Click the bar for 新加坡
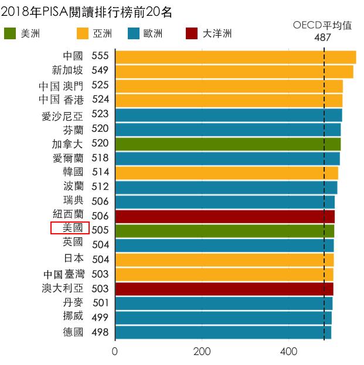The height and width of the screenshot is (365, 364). pyautogui.click(x=234, y=71)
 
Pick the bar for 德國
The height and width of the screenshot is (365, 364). pyautogui.click(x=223, y=332)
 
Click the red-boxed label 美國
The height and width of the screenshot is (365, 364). pyautogui.click(x=70, y=228)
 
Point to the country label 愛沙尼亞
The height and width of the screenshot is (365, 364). pyautogui.click(x=62, y=115)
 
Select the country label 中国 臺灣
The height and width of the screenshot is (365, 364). pyautogui.click(x=63, y=274)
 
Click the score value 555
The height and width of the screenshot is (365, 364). pyautogui.click(x=100, y=56)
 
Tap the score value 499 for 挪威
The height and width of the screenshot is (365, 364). pyautogui.click(x=100, y=316)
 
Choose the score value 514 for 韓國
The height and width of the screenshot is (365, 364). pyautogui.click(x=100, y=172)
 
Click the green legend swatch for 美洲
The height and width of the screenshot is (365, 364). pyautogui.click(x=10, y=33)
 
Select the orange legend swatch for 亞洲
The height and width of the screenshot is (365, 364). pyautogui.click(x=83, y=33)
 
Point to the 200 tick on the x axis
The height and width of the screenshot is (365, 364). pyautogui.click(x=202, y=352)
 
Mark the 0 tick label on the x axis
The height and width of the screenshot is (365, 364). pyautogui.click(x=115, y=352)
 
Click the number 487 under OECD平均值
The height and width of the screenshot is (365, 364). pyautogui.click(x=322, y=36)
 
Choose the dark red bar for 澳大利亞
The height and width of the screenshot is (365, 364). pyautogui.click(x=224, y=289)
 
